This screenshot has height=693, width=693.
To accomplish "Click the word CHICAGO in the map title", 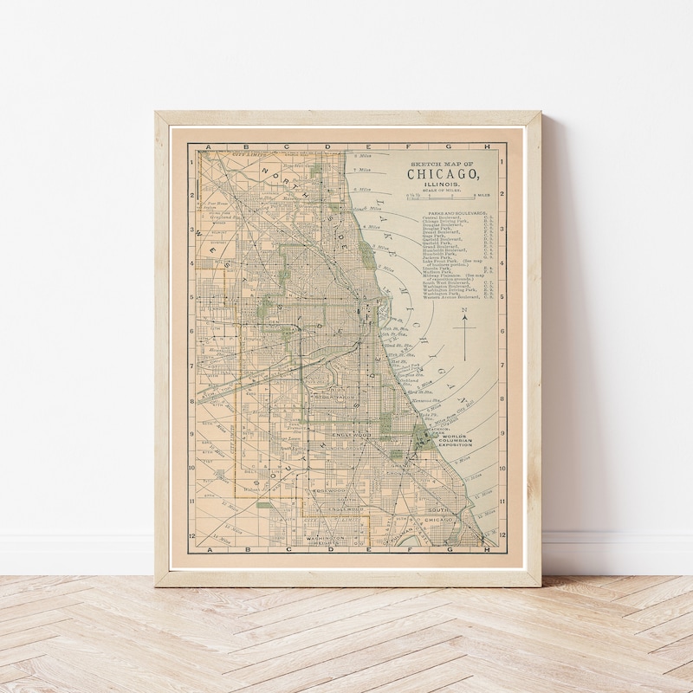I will click(x=444, y=174).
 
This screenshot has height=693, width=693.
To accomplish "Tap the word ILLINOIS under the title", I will click(x=443, y=185).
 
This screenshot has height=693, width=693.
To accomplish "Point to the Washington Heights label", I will click(x=325, y=540).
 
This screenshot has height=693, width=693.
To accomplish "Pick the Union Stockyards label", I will click(x=344, y=392).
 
